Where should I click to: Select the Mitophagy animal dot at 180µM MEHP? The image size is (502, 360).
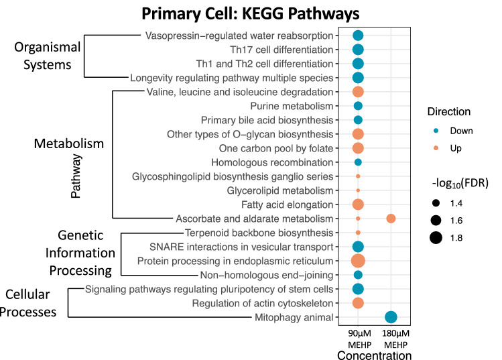point(391,317)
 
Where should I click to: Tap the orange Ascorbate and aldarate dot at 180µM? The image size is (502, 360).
point(391,219)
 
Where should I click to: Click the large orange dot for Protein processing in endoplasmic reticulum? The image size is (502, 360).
point(358,261)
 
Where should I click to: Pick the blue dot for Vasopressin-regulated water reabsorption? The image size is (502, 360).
point(358,36)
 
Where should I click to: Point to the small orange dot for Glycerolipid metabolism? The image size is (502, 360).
point(358,190)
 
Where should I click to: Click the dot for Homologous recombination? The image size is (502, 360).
point(358,162)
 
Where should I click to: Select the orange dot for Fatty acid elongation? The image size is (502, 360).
point(358,204)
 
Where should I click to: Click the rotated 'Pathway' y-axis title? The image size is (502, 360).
point(76,176)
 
